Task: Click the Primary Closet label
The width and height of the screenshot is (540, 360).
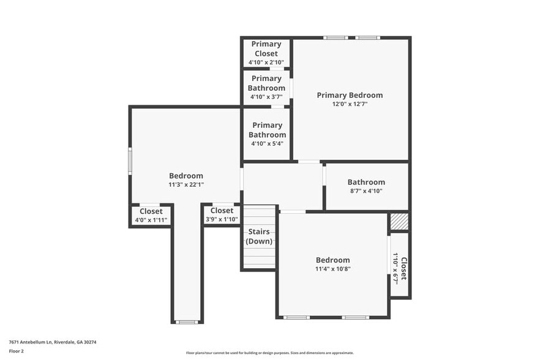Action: (x=266, y=49)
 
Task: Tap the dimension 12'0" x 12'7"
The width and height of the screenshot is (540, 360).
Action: (x=350, y=104)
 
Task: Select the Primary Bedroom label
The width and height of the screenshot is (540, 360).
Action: (x=350, y=95)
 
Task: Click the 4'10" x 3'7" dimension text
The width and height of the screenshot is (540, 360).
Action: (x=266, y=97)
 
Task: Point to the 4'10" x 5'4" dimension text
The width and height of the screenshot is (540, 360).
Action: (x=267, y=144)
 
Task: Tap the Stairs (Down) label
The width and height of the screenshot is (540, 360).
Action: (x=259, y=236)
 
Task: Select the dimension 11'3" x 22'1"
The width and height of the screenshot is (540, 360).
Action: (x=186, y=185)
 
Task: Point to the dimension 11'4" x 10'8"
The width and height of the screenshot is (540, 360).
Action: (x=333, y=268)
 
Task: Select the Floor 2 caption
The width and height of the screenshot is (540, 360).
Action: (x=17, y=351)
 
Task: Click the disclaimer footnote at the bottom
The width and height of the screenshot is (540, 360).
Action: (x=270, y=353)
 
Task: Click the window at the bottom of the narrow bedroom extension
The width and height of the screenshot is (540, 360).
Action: (x=186, y=322)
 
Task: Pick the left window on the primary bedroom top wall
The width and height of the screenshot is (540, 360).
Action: (x=336, y=38)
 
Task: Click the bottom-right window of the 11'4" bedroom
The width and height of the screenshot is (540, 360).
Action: (x=354, y=317)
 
